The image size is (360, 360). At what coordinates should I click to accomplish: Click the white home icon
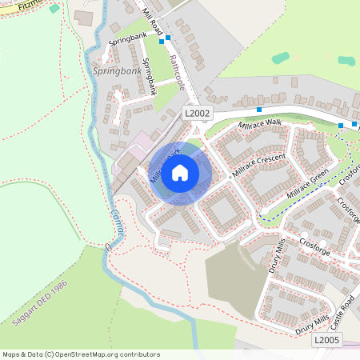(180, 173)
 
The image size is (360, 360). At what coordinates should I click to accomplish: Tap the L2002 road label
(197, 114)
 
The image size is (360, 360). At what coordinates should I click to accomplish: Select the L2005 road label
(326, 340)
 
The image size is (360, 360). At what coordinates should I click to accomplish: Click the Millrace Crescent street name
(258, 164)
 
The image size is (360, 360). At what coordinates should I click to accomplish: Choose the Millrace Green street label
(308, 185)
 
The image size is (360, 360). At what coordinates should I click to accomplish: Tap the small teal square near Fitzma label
(54, 9)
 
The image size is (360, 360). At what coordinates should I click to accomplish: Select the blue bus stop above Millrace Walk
(259, 109)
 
